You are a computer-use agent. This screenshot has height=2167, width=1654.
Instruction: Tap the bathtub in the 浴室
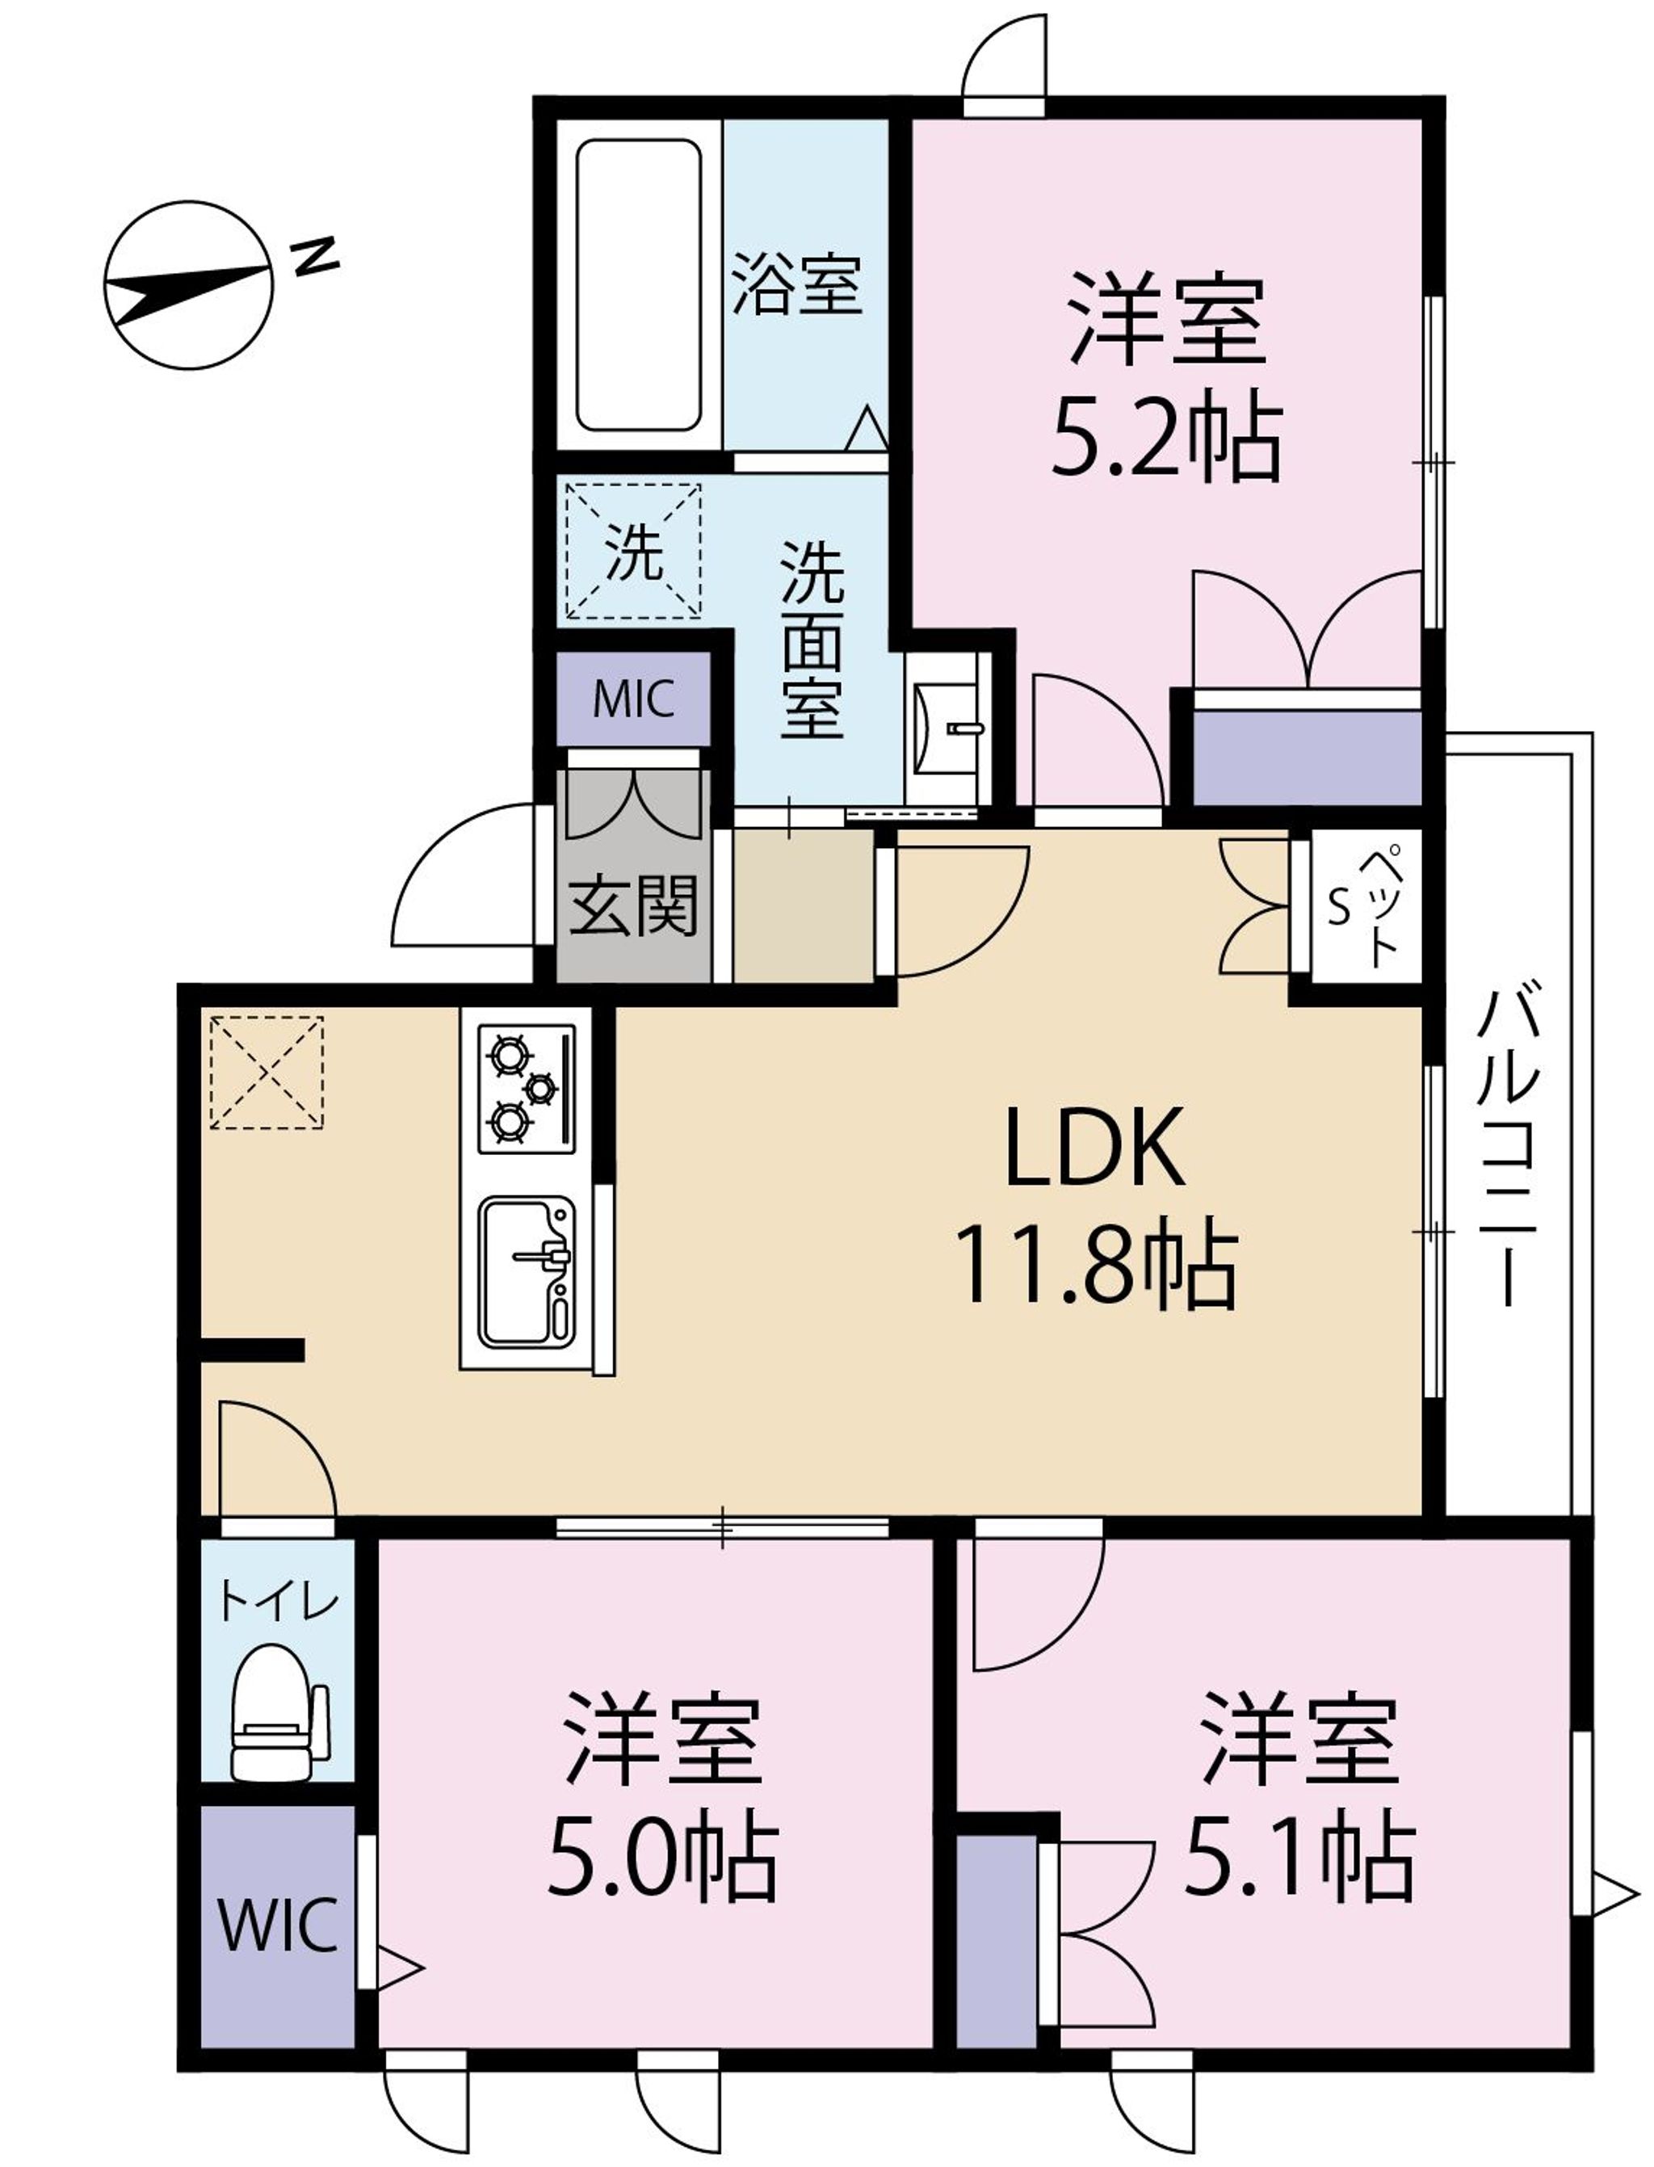(x=638, y=286)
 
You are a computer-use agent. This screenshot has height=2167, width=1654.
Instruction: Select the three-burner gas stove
(x=527, y=1088)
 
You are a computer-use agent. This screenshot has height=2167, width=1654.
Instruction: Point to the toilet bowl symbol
(x=279, y=1712)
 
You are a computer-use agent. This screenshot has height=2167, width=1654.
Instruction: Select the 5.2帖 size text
(x=1168, y=439)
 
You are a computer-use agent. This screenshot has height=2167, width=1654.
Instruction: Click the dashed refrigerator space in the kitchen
(x=267, y=1072)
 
